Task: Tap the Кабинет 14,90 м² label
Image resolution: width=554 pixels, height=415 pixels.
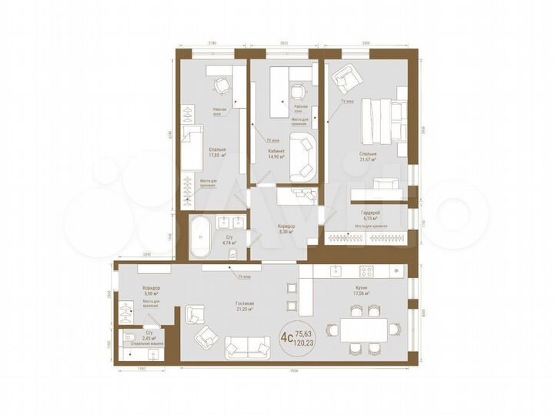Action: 277,155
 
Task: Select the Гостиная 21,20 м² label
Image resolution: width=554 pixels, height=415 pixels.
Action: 245,307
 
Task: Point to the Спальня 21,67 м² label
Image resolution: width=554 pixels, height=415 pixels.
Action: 367,157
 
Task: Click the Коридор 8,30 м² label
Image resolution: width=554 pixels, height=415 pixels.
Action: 285,228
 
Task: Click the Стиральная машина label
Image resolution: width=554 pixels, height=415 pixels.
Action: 144,344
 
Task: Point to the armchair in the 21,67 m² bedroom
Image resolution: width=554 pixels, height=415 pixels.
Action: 345,78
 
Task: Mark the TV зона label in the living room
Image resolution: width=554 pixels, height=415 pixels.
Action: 245,276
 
